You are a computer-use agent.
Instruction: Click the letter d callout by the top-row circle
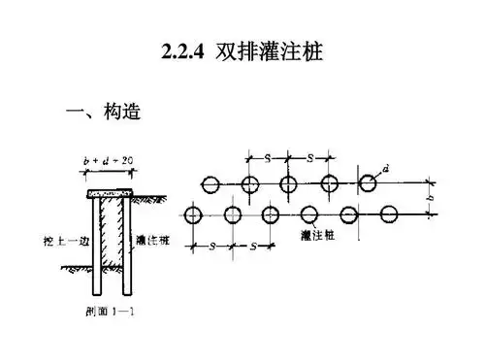point(386,170)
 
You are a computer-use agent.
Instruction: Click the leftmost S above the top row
point(268,157)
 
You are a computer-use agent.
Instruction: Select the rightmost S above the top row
point(308,157)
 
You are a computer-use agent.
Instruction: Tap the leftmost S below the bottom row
point(211,247)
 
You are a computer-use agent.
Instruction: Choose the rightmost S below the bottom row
point(251,247)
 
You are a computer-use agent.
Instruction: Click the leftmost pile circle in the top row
point(210,183)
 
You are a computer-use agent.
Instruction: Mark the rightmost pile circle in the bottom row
point(389,214)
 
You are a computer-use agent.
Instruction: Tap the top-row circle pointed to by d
point(369,183)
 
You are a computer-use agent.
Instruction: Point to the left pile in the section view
point(98,248)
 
